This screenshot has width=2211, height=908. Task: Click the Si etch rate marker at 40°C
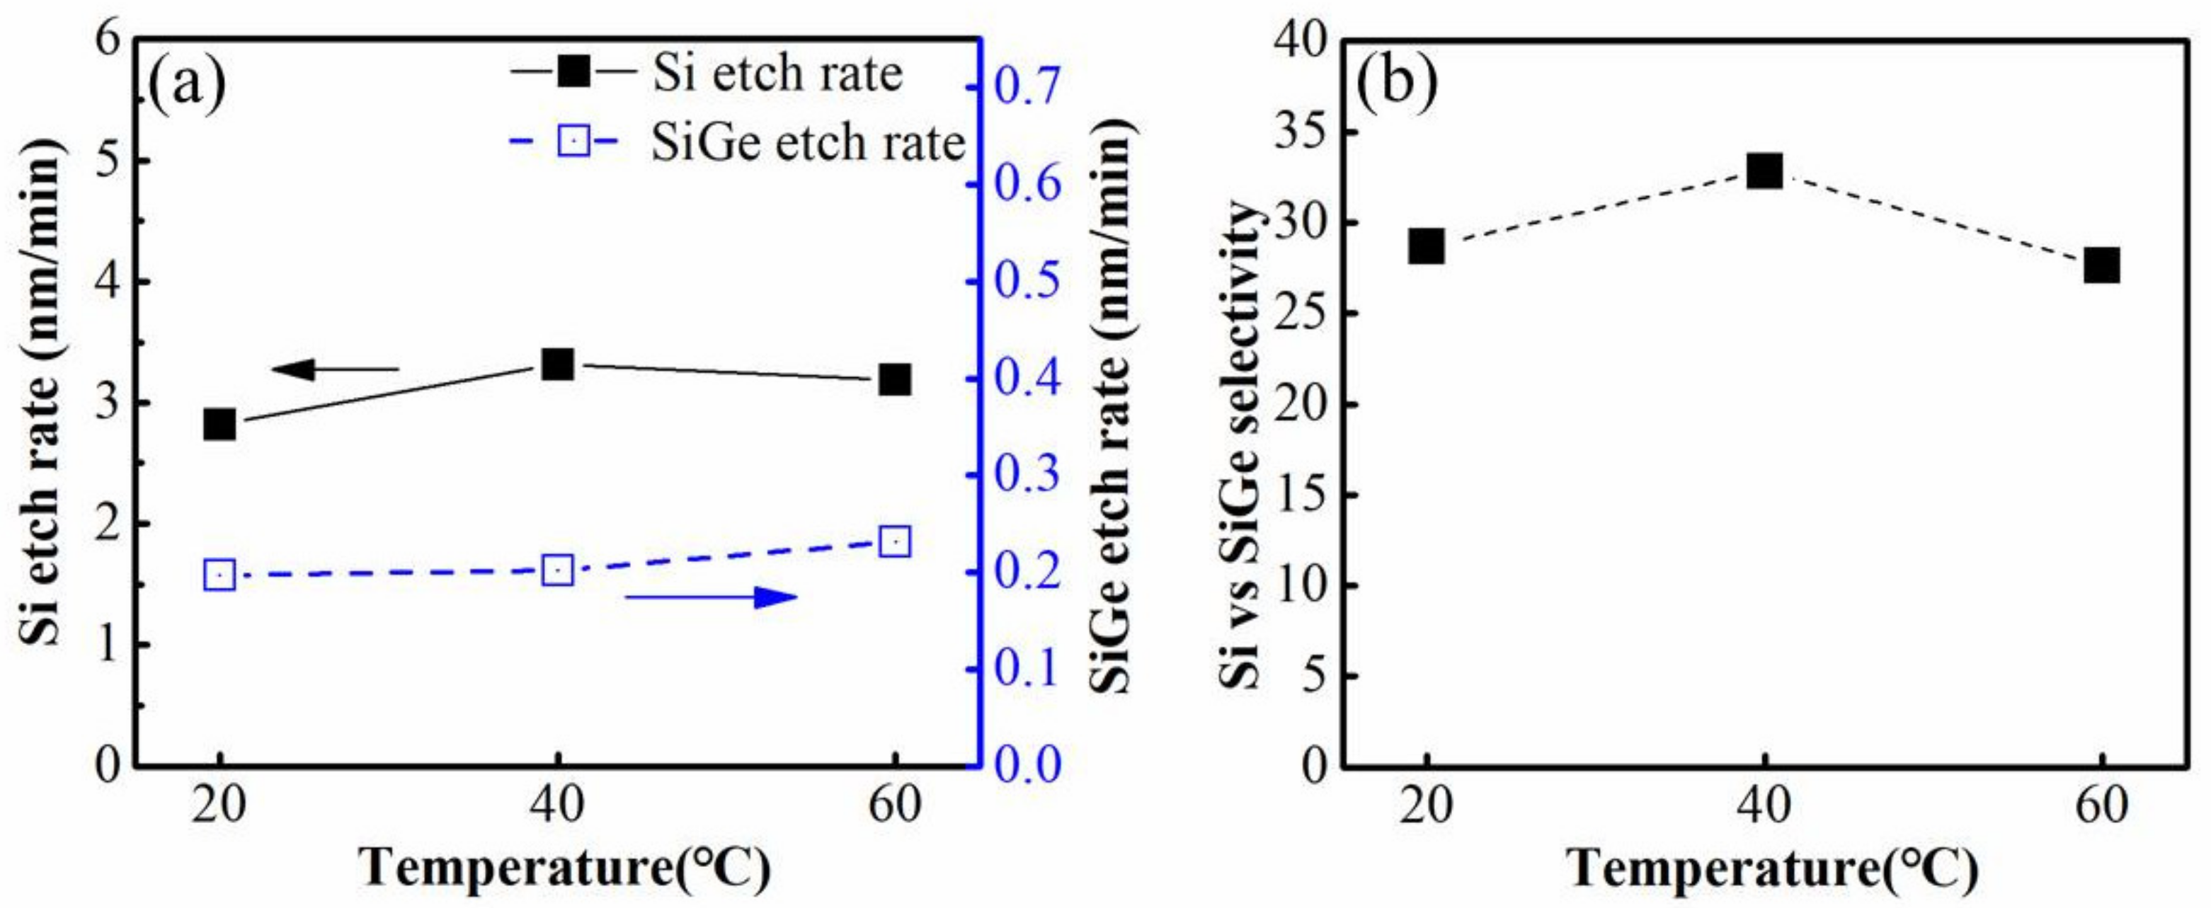(558, 364)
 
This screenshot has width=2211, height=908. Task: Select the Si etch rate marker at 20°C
(219, 424)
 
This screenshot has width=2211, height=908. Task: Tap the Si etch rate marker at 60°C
(894, 379)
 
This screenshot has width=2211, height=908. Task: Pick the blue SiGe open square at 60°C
(894, 542)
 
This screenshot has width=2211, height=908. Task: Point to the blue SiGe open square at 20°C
(219, 575)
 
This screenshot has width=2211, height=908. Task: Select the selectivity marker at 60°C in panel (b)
(2102, 265)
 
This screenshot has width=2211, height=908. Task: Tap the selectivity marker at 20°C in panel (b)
(1427, 247)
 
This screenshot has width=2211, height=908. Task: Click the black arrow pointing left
(335, 370)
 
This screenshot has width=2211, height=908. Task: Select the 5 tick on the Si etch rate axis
(108, 161)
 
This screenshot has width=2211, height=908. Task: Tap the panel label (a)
(187, 84)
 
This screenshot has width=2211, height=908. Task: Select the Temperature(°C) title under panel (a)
(565, 868)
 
